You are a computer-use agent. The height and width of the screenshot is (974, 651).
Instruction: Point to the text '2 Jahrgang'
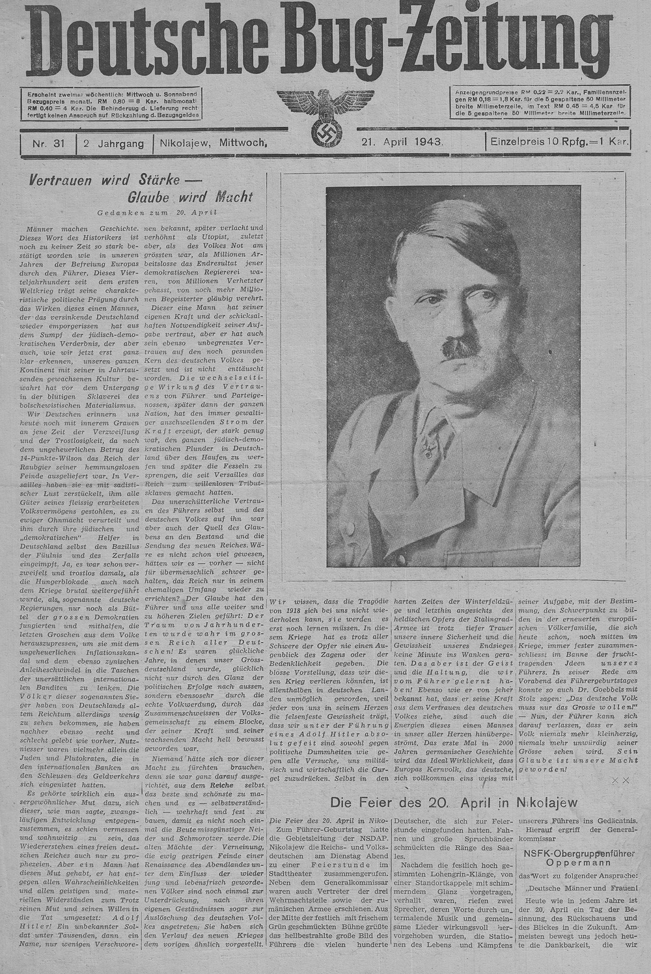pyautogui.click(x=113, y=142)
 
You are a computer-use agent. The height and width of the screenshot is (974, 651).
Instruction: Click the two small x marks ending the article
pyautogui.click(x=622, y=779)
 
